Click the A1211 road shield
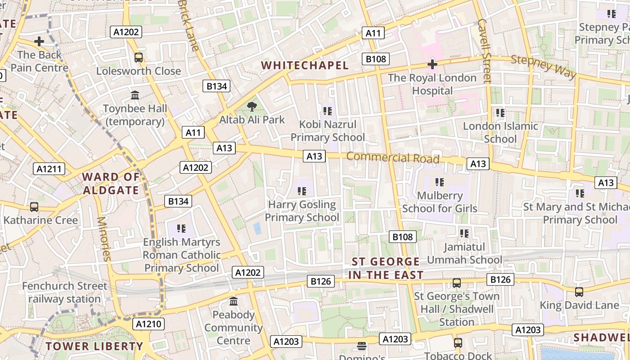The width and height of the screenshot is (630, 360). [49, 169]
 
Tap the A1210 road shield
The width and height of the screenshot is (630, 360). [148, 324]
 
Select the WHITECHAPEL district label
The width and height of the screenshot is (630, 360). [305, 66]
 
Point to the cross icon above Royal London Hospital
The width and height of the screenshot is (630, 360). [432, 64]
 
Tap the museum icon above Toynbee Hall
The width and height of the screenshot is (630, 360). [135, 95]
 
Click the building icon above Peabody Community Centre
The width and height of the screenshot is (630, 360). [234, 301]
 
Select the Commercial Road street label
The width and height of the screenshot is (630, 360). [393, 158]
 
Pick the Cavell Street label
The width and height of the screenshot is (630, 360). [484, 50]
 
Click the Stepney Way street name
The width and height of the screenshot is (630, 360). [544, 66]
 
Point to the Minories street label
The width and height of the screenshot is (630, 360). [103, 239]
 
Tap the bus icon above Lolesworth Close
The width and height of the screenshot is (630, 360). [139, 58]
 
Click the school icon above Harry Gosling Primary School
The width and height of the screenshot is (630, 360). [301, 191]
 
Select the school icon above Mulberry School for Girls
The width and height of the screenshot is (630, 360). [440, 182]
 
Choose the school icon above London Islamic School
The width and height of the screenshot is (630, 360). [500, 112]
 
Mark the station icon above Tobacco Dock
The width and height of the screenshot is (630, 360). [458, 342]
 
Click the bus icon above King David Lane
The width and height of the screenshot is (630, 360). [579, 292]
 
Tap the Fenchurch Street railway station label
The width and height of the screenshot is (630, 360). [65, 292]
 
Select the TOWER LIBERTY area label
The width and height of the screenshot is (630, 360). [94, 346]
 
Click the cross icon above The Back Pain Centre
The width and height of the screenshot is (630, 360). [39, 42]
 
